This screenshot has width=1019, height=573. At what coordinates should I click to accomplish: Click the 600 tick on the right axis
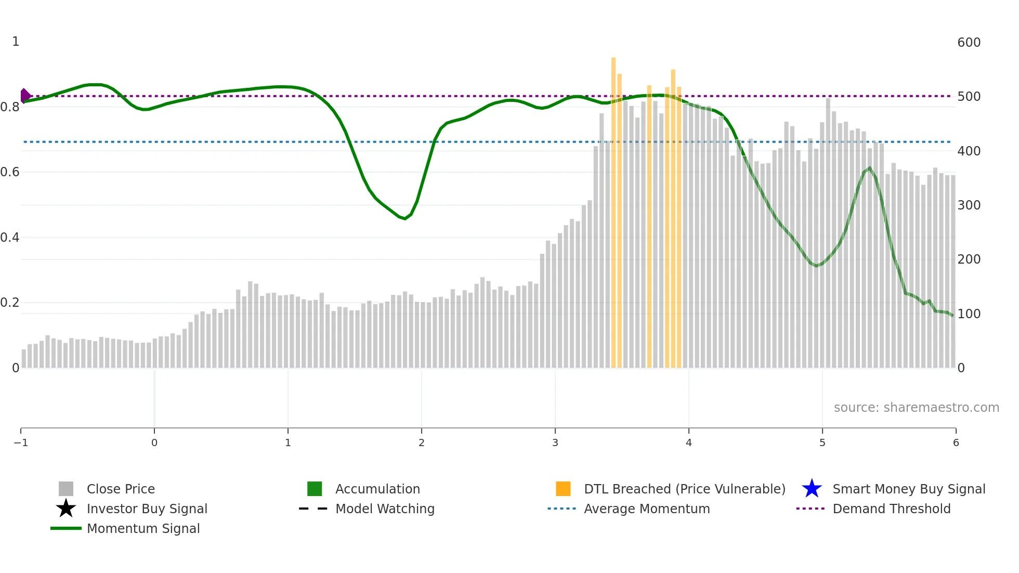point(969,42)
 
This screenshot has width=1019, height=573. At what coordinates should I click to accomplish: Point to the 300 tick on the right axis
point(969,205)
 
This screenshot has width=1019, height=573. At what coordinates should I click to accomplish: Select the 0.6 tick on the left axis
point(10,172)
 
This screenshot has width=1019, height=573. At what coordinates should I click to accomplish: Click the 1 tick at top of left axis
point(16,42)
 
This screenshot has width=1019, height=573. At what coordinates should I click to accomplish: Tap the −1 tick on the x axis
point(21,442)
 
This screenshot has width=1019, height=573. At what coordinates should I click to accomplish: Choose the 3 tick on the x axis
point(555,442)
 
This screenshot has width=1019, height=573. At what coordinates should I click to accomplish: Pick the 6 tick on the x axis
point(956,442)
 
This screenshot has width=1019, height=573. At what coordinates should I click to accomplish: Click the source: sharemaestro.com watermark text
point(916,407)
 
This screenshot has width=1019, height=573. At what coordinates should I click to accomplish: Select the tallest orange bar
point(613,208)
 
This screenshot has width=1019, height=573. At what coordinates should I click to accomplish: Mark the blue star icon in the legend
point(812,489)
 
